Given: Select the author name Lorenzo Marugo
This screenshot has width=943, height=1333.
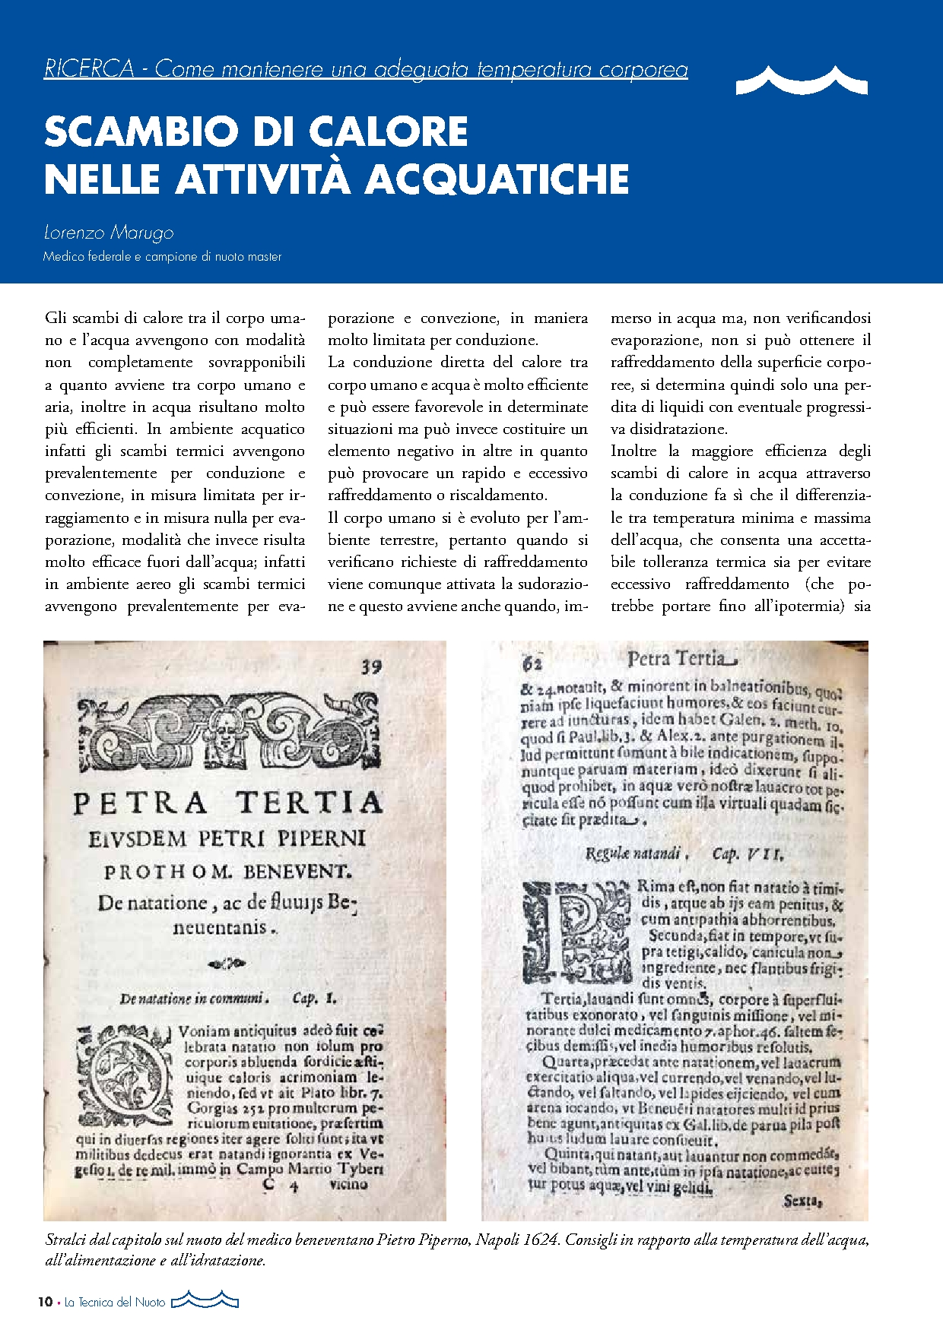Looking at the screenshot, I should click(x=109, y=233).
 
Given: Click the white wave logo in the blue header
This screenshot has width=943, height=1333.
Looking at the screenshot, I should click(x=802, y=81).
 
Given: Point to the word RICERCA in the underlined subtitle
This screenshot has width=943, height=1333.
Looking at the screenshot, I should click(x=89, y=69).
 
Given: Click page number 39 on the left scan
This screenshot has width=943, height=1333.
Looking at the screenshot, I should click(x=371, y=667).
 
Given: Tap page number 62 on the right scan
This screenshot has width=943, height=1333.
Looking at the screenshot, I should click(x=532, y=663).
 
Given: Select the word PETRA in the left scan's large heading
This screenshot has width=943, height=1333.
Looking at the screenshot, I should click(x=140, y=803).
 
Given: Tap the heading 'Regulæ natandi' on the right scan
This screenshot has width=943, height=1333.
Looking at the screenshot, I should click(x=633, y=853).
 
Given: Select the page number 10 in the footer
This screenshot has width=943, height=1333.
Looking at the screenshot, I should click(x=46, y=1302).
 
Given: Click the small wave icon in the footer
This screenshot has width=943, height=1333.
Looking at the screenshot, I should click(x=205, y=1300).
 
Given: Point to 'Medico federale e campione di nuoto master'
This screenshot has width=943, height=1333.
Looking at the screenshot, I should click(x=163, y=257).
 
